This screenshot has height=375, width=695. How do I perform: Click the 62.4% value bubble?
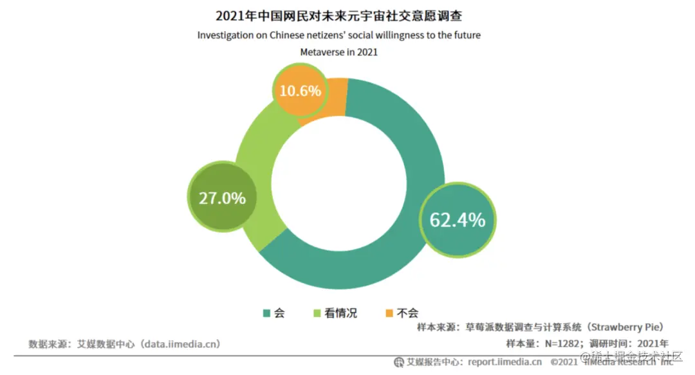point(457,219)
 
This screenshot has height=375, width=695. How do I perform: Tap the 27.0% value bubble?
point(222,197)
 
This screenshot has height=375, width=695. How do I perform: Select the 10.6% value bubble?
point(300,91)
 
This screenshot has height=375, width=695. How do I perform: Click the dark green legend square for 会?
point(266,313)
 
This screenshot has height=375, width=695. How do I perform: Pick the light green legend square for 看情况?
point(316,313)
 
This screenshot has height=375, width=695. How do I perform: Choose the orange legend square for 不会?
point(389,313)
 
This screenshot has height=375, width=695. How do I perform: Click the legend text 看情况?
point(340,313)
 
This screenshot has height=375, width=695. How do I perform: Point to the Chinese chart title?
point(338,15)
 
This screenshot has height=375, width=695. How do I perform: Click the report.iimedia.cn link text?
point(505,362)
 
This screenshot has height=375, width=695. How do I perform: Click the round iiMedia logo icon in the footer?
point(399,362)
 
